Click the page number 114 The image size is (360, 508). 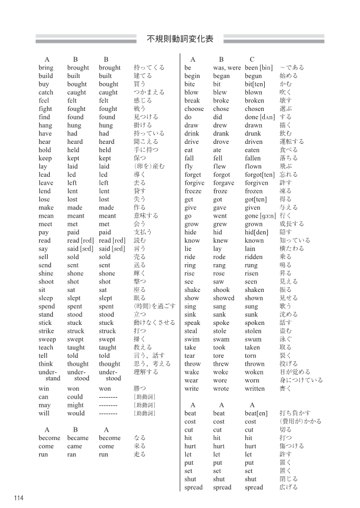coord(19,498)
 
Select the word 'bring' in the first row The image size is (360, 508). coord(46,67)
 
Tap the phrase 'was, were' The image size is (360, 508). coord(227,67)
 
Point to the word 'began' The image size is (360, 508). coord(221,76)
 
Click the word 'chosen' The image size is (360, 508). coord(255,109)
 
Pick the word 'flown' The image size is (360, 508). coord(253,166)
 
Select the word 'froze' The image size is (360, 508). coord(220,191)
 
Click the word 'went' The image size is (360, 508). coord(220,216)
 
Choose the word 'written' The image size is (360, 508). coord(255,389)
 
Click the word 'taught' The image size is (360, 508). coord(76,347)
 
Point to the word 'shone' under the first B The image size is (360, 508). coord(75,273)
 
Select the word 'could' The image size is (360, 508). coord(75,397)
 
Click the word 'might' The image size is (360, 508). coord(75,405)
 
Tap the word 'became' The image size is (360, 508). coord(78,438)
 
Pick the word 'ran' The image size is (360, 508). coord(72,455)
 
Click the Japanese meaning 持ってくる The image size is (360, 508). coord(149,67)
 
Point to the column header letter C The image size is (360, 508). coord(252,59)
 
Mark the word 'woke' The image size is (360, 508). coord(220,372)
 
